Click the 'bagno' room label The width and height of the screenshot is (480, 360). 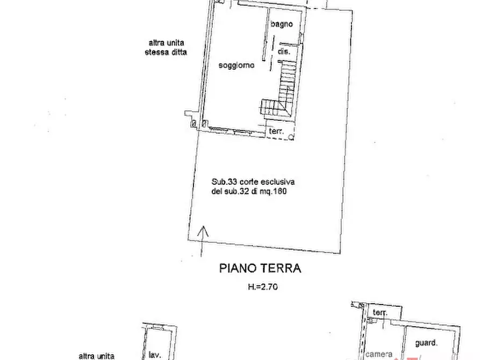click(281, 24)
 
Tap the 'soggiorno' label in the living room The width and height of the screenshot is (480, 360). click(236, 66)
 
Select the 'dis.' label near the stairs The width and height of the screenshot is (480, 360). click(284, 52)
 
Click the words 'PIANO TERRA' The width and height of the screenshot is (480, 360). click(260, 268)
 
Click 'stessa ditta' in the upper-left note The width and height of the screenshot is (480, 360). click(166, 53)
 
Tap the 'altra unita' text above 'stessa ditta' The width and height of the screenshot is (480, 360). click(166, 44)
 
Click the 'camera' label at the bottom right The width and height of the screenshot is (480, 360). click(379, 354)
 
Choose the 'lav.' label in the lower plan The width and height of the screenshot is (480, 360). click(156, 355)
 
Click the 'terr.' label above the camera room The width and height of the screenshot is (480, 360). click(381, 313)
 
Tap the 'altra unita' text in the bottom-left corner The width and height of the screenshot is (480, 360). click(96, 356)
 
